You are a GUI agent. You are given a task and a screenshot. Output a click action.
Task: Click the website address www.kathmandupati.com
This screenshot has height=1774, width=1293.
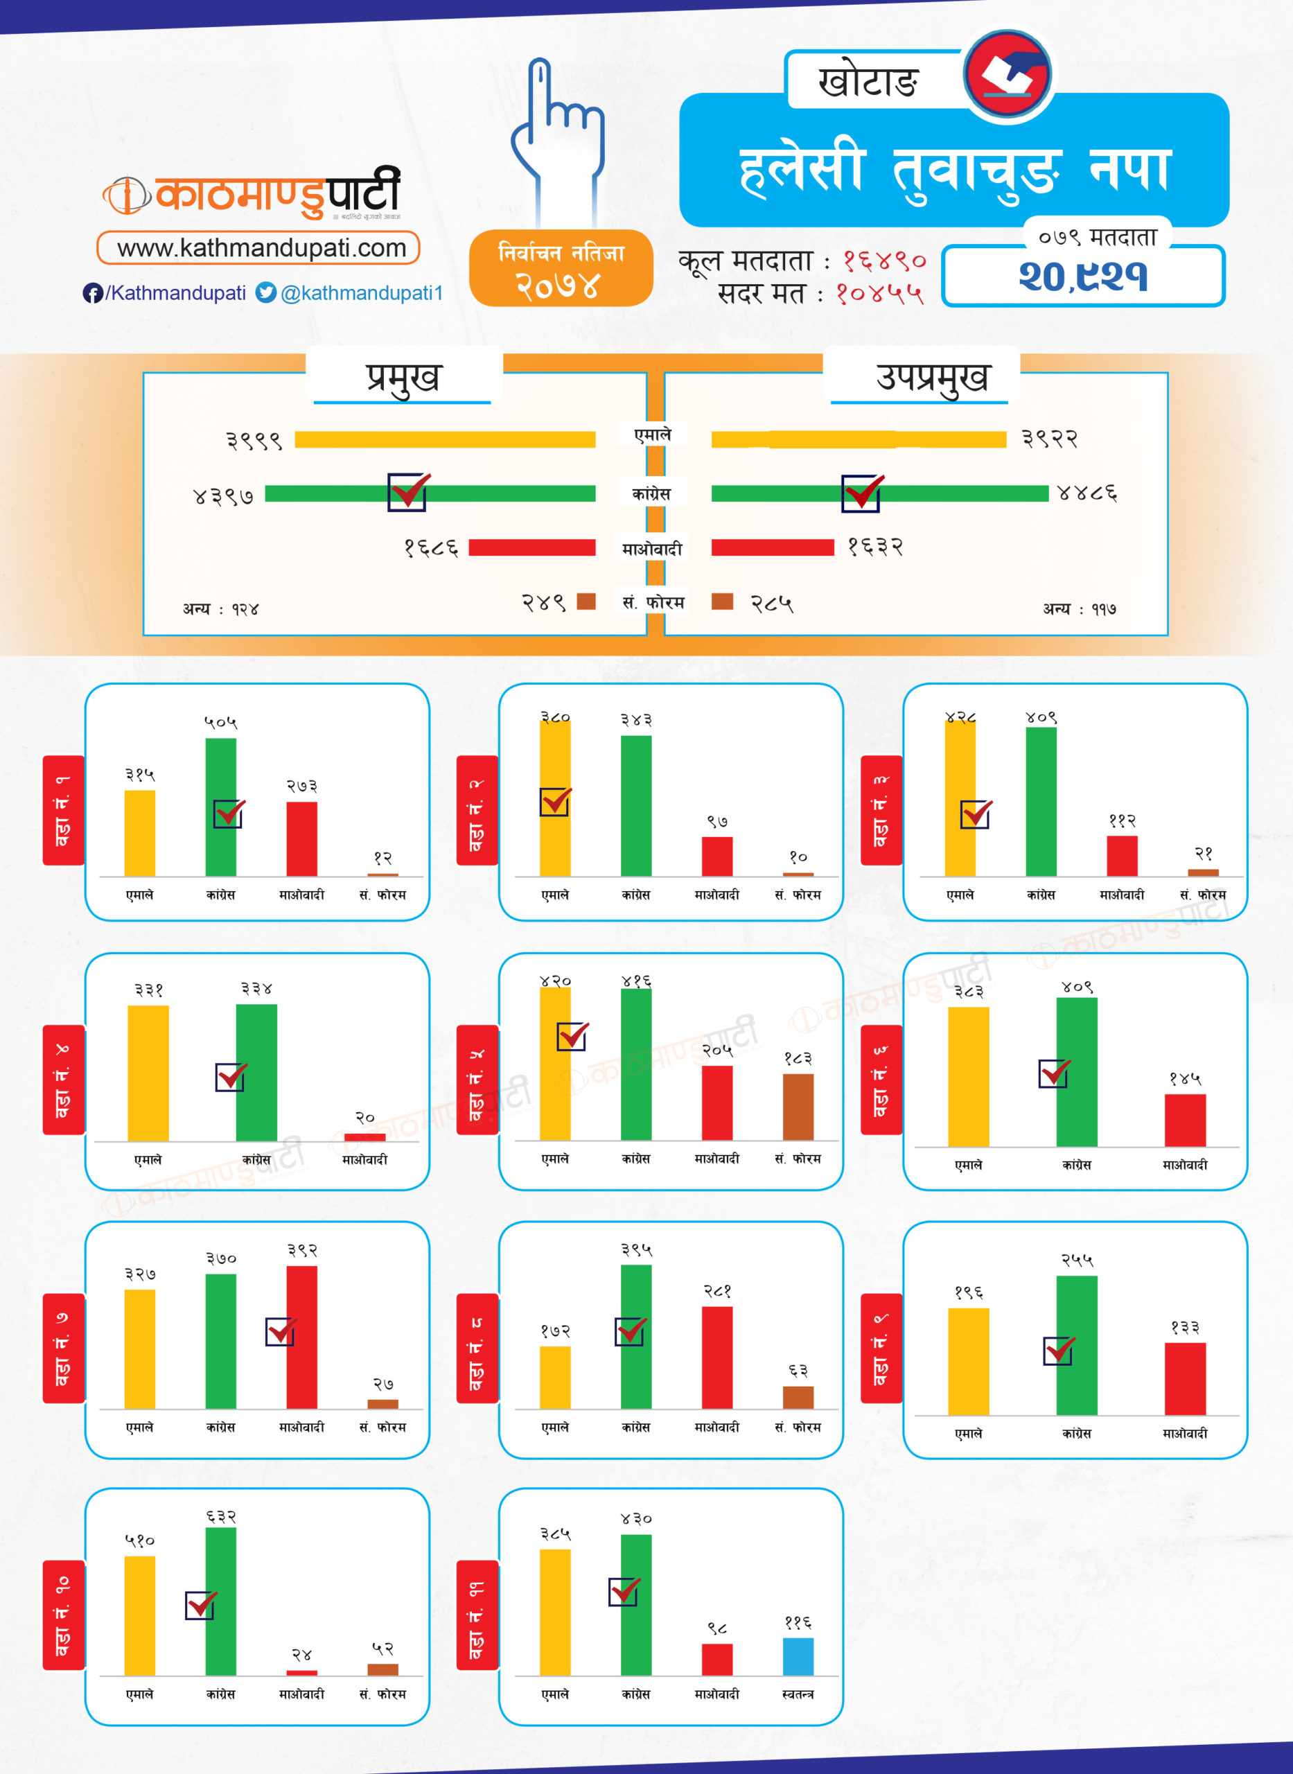pyautogui.click(x=261, y=248)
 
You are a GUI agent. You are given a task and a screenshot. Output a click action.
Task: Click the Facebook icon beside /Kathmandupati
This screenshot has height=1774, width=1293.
pyautogui.click(x=92, y=292)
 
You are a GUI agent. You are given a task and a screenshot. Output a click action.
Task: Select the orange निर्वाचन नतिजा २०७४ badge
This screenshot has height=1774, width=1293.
pyautogui.click(x=561, y=268)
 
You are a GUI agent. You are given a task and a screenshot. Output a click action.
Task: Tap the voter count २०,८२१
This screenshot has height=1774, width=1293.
pyautogui.click(x=1082, y=276)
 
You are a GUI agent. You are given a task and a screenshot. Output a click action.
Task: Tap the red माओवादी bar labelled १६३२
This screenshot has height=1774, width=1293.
pyautogui.click(x=772, y=547)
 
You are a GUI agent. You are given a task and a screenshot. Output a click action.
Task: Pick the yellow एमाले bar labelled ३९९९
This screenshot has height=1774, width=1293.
pyautogui.click(x=445, y=440)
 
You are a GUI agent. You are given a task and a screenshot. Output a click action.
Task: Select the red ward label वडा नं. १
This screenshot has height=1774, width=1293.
pyautogui.click(x=62, y=810)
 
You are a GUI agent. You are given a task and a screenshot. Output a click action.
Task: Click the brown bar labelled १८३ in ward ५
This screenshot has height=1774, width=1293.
pyautogui.click(x=798, y=1107)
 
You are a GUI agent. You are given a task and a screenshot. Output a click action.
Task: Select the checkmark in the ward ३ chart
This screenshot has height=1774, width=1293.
pyautogui.click(x=976, y=814)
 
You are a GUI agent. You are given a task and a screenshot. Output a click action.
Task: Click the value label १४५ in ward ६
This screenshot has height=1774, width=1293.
pyautogui.click(x=1184, y=1079)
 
